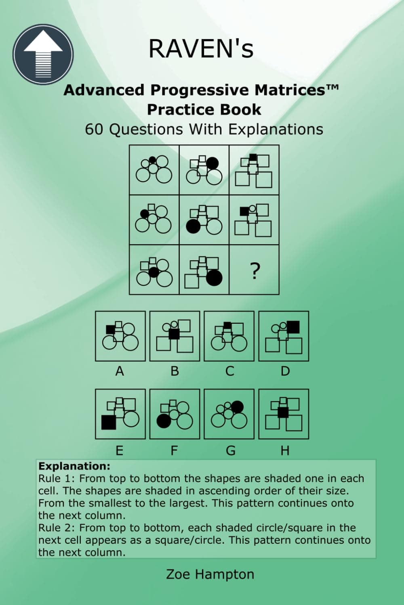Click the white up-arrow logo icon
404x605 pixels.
(43, 54)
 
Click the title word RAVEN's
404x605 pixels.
(201, 49)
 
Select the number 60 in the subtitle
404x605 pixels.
(95, 129)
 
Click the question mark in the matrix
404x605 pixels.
(254, 271)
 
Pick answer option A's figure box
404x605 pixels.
(120, 336)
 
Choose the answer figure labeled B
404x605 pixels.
(175, 336)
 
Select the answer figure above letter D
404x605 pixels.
(284, 336)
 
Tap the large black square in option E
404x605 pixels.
(108, 422)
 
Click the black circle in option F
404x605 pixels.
(164, 421)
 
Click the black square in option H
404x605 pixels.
(283, 412)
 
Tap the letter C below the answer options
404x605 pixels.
(229, 371)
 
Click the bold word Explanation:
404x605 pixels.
(74, 466)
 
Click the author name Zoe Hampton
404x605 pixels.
(210, 574)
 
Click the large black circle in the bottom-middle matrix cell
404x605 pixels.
(214, 278)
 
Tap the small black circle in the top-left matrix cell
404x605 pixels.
(152, 160)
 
